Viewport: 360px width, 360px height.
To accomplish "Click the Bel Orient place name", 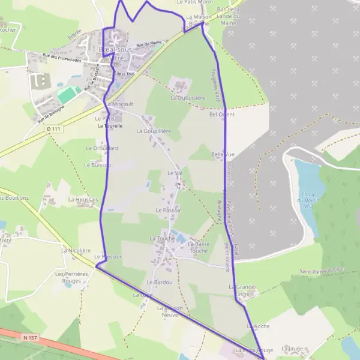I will coord(222,114).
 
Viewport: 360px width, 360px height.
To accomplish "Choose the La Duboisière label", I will coord(188,97).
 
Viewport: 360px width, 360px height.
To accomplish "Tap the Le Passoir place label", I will coord(168,211).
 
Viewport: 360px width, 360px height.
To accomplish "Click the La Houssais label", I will coord(83,199).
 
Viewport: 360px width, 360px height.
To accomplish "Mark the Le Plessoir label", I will coord(109,257).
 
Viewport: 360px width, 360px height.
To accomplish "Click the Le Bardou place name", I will coord(160,282).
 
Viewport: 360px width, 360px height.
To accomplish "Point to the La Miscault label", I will coord(119,104).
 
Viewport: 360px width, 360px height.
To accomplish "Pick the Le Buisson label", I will coord(95,164).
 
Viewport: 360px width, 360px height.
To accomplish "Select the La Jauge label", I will coord(292,348).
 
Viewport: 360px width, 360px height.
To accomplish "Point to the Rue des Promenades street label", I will coord(62,58).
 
